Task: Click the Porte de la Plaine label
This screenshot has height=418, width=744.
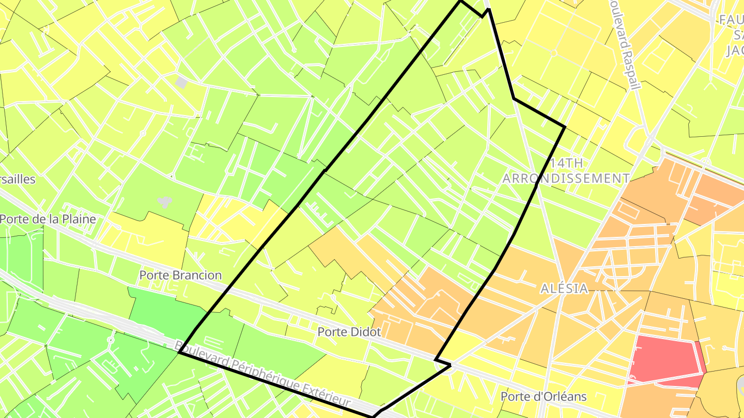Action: [48, 219]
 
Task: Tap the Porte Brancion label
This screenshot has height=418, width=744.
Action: [180, 275]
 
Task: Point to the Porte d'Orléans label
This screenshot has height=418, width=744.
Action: [544, 396]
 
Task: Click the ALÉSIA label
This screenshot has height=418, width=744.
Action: [564, 288]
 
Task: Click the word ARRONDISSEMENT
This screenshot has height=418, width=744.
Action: [566, 179]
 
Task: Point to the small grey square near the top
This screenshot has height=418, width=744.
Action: [181, 82]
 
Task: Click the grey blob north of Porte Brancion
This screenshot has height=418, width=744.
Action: [165, 202]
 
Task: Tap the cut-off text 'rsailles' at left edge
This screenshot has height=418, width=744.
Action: [18, 179]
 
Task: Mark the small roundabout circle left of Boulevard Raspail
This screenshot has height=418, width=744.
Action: [553, 53]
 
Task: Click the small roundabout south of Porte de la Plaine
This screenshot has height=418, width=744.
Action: [110, 340]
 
